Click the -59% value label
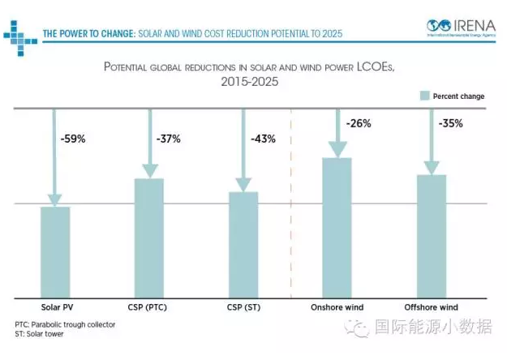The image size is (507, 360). [x=72, y=139]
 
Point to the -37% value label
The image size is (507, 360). [x=167, y=139]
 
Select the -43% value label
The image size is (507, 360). [x=262, y=139]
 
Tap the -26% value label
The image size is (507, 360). [x=358, y=124]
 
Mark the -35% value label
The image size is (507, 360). [x=450, y=124]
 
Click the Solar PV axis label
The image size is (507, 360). [x=56, y=308]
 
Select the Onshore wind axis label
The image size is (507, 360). [x=337, y=308]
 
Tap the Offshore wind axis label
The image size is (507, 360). [x=432, y=308]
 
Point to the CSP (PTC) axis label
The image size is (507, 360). [x=149, y=308]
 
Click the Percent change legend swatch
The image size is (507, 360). [x=423, y=96]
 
